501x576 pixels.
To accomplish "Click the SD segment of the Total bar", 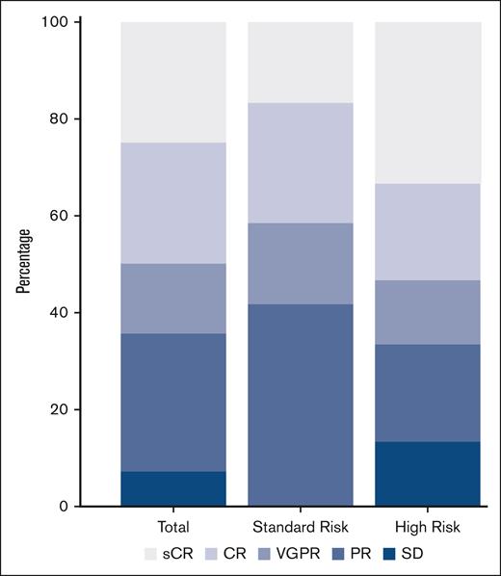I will (173, 488).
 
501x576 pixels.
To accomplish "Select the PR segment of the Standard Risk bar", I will (301, 405).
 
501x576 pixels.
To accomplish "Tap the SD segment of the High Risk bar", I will (428, 473).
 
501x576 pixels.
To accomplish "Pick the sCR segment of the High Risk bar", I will (428, 102).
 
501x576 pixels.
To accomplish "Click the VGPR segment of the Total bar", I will (173, 299).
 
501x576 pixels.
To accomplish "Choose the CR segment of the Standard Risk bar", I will (301, 163).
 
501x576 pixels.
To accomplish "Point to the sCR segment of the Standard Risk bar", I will (301, 62).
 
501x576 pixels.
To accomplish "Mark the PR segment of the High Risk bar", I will (428, 393).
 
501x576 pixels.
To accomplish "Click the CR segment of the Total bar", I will (173, 203).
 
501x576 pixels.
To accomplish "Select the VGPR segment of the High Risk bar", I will (428, 312).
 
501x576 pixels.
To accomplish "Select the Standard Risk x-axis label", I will (301, 527).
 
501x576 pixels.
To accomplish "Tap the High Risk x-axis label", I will (428, 527).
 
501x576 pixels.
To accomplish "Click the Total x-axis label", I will (173, 527).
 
